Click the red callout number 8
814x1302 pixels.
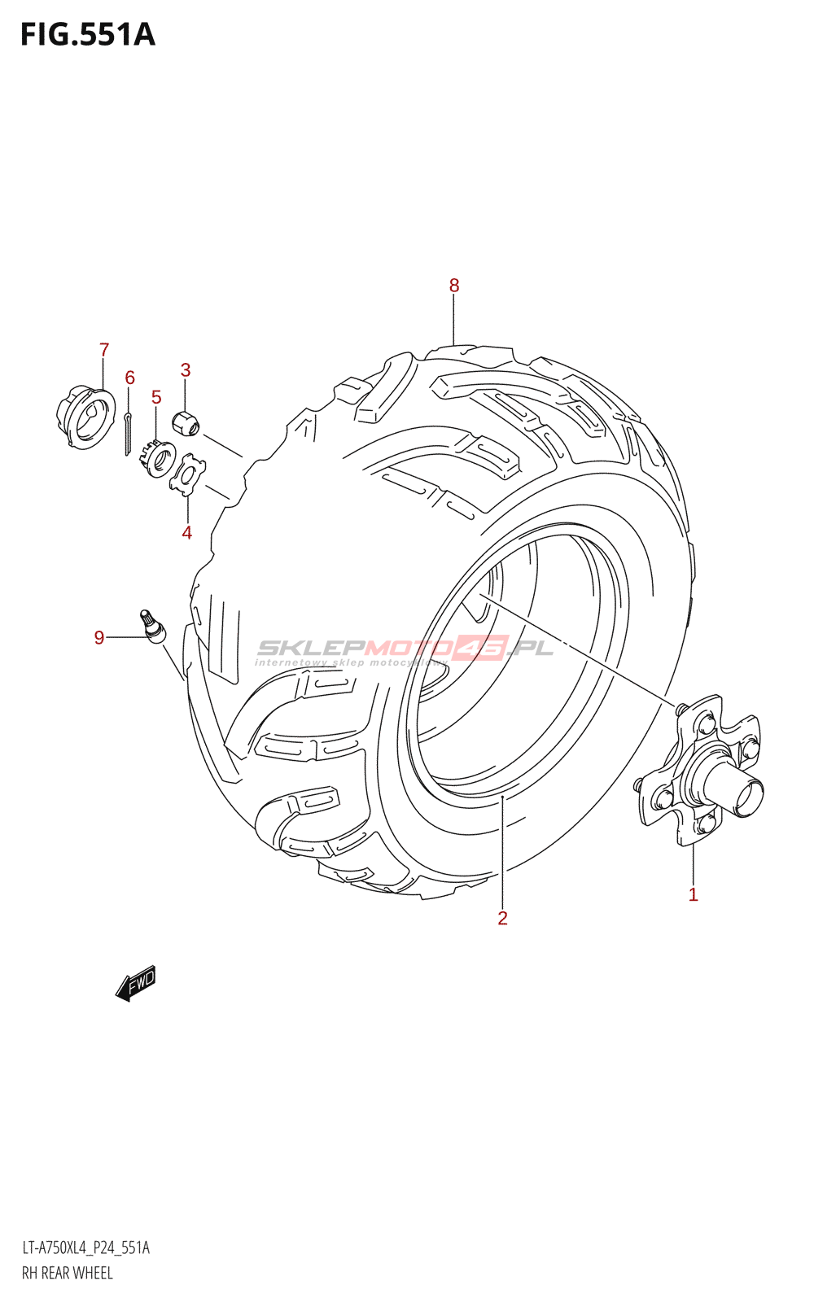click(454, 286)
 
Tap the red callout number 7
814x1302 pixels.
click(104, 350)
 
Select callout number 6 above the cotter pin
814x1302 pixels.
click(129, 378)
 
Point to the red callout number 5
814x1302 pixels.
click(156, 397)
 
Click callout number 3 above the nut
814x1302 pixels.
click(186, 370)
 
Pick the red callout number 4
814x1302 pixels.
click(187, 533)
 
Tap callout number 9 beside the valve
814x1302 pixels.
click(99, 637)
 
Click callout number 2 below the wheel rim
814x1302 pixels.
click(502, 918)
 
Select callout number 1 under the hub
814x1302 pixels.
click(693, 895)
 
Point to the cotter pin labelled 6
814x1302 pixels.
click(129, 434)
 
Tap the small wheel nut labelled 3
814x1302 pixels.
click(186, 422)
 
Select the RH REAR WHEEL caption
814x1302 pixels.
click(67, 1273)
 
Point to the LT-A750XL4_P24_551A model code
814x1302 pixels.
click(85, 1247)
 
